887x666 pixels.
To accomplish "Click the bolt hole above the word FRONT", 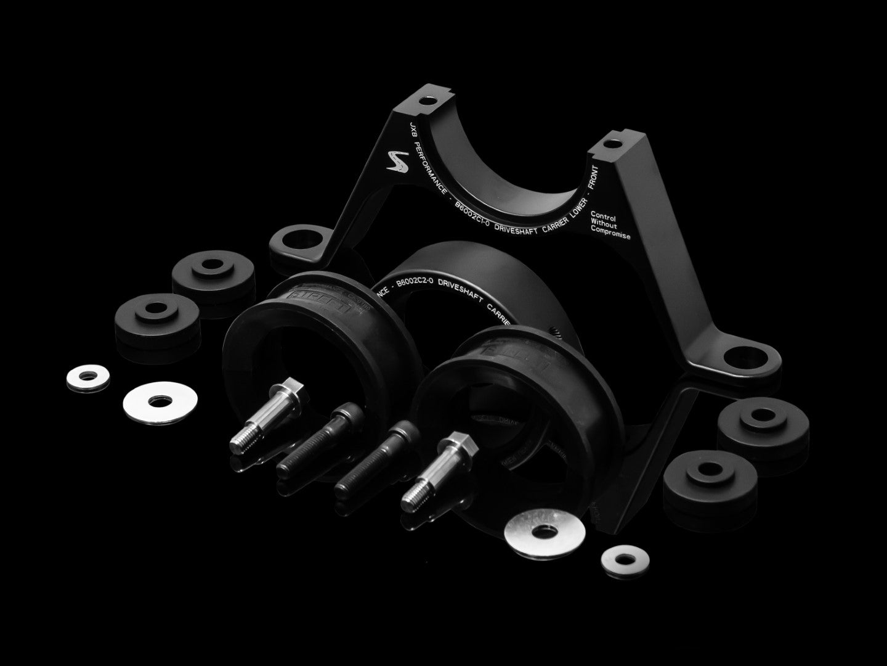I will point(609,144).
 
